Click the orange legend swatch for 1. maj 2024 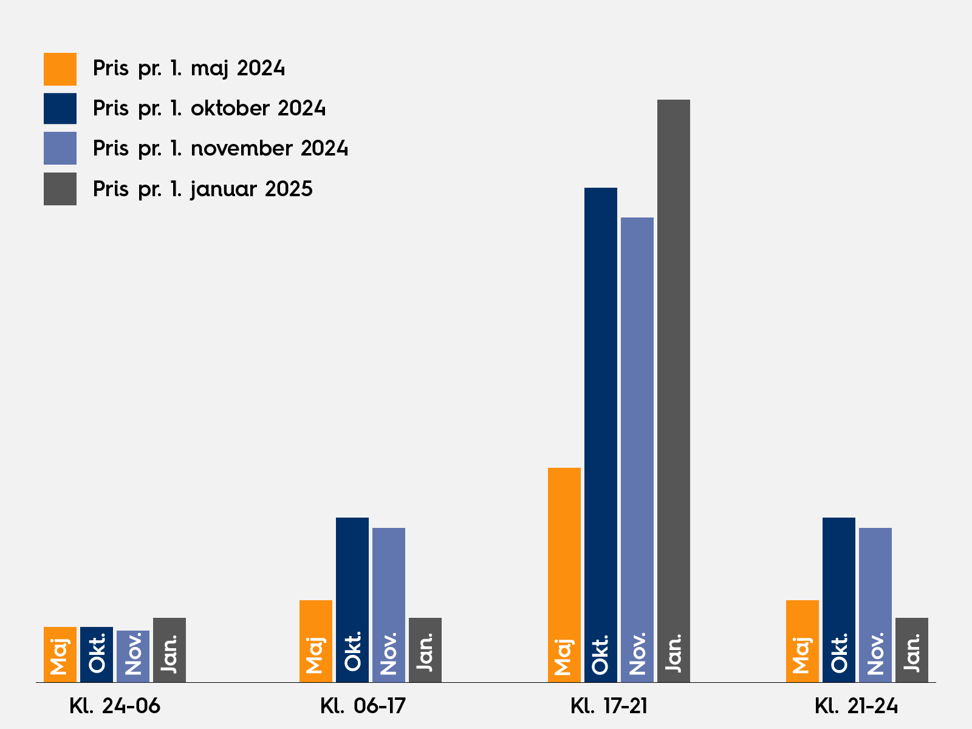click(x=60, y=69)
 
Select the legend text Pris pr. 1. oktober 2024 click(x=209, y=108)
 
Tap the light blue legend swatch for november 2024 click(x=60, y=148)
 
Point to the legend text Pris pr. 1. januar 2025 click(x=202, y=189)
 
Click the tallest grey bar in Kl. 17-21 click(x=674, y=364)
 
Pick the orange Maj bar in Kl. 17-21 click(x=564, y=547)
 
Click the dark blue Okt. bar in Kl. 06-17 click(x=352, y=571)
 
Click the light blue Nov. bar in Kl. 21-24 click(x=875, y=577)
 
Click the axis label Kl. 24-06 click(x=115, y=706)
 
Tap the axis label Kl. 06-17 click(x=363, y=706)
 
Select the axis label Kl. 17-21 click(x=609, y=706)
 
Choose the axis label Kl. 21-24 click(x=856, y=706)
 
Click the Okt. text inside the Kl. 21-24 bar click(x=839, y=653)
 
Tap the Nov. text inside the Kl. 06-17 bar click(x=389, y=653)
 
